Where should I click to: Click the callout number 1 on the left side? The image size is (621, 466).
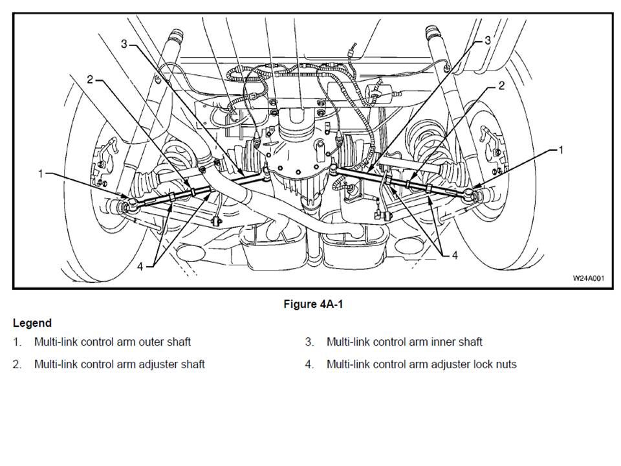click(x=41, y=174)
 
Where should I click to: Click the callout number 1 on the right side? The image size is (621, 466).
click(x=561, y=150)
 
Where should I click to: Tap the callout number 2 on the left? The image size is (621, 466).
click(x=90, y=80)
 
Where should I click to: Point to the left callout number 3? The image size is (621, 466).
click(x=124, y=43)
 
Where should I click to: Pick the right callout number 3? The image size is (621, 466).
click(x=488, y=40)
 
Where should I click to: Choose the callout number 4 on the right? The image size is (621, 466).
click(x=455, y=256)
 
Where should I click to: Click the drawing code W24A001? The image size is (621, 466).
click(x=588, y=278)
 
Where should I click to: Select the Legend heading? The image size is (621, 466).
click(x=32, y=323)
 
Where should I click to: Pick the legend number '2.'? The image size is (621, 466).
click(x=17, y=364)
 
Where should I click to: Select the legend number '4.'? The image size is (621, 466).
click(x=310, y=364)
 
